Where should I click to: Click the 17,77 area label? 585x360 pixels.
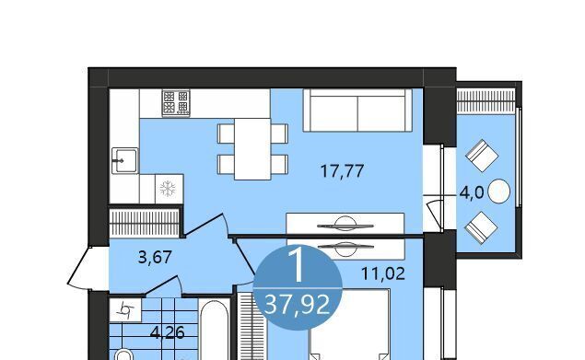(x=342, y=171)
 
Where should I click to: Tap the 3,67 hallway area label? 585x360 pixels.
(x=155, y=257)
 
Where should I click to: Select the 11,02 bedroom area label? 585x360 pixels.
(x=383, y=273)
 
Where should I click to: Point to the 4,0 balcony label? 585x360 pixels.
(x=472, y=193)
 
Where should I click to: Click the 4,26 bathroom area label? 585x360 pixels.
(x=167, y=332)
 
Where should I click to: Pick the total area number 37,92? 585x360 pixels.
(x=298, y=304)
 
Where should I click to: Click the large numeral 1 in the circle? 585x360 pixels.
(x=298, y=265)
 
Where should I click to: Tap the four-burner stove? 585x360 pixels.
(x=176, y=102)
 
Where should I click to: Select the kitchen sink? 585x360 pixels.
(x=125, y=160)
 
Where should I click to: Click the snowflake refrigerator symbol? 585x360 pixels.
(x=168, y=189)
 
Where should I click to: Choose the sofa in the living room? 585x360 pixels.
(x=357, y=110)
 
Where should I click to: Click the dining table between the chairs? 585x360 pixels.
(x=252, y=149)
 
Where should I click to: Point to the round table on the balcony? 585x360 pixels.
(x=498, y=191)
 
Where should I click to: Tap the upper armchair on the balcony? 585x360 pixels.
(x=482, y=156)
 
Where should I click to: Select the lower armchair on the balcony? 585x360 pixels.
(x=481, y=227)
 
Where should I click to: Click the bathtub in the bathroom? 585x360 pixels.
(x=214, y=330)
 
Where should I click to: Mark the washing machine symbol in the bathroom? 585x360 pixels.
(x=125, y=309)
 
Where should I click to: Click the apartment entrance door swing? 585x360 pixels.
(x=79, y=268)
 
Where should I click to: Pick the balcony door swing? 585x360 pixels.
(x=434, y=215)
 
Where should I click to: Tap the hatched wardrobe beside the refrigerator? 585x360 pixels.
(x=145, y=222)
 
